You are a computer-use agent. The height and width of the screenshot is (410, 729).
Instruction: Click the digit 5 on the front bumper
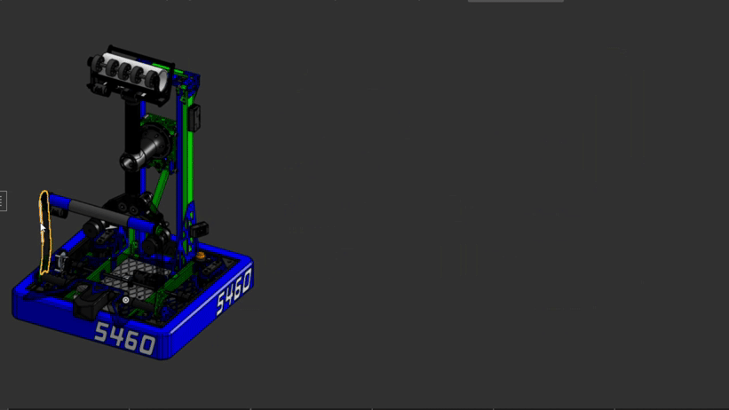click(x=101, y=332)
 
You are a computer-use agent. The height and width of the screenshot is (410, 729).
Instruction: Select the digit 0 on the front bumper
click(x=147, y=345)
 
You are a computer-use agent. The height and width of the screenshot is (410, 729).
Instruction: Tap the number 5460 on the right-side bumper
click(x=234, y=291)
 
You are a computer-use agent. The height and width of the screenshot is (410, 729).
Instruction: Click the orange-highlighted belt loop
click(x=44, y=233)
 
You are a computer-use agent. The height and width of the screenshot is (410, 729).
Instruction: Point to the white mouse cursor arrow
click(x=43, y=227)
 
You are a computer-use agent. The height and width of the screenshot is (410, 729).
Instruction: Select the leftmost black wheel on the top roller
click(x=98, y=63)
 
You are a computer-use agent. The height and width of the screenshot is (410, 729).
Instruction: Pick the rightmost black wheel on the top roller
click(x=152, y=79)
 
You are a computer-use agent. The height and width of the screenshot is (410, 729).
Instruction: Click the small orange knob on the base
click(x=201, y=256)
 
